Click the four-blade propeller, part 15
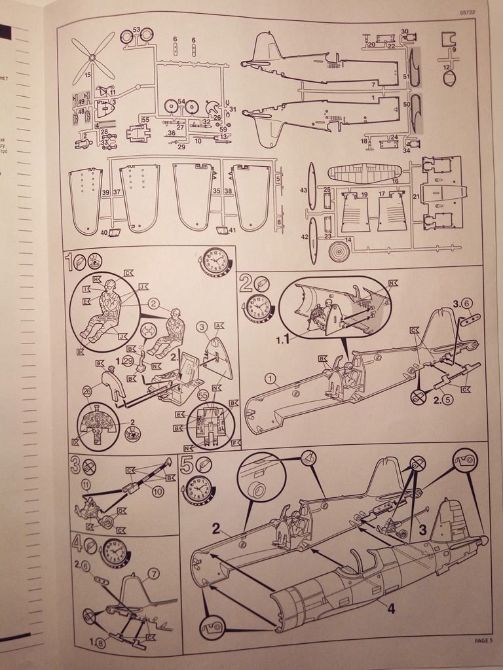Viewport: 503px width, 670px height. tap(93, 58)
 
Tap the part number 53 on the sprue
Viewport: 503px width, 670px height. tap(136, 30)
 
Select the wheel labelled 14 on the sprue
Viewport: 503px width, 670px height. tap(339, 251)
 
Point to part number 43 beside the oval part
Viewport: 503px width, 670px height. tap(304, 190)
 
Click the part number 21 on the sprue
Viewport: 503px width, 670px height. tap(416, 197)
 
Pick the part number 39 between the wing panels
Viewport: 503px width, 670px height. tap(105, 192)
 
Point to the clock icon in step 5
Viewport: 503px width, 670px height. tap(198, 489)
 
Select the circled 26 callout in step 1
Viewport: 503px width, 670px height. tap(86, 391)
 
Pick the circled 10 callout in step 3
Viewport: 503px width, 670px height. tap(157, 492)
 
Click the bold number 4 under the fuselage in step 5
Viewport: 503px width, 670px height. tap(390, 608)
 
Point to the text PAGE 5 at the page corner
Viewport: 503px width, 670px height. tap(483, 641)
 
